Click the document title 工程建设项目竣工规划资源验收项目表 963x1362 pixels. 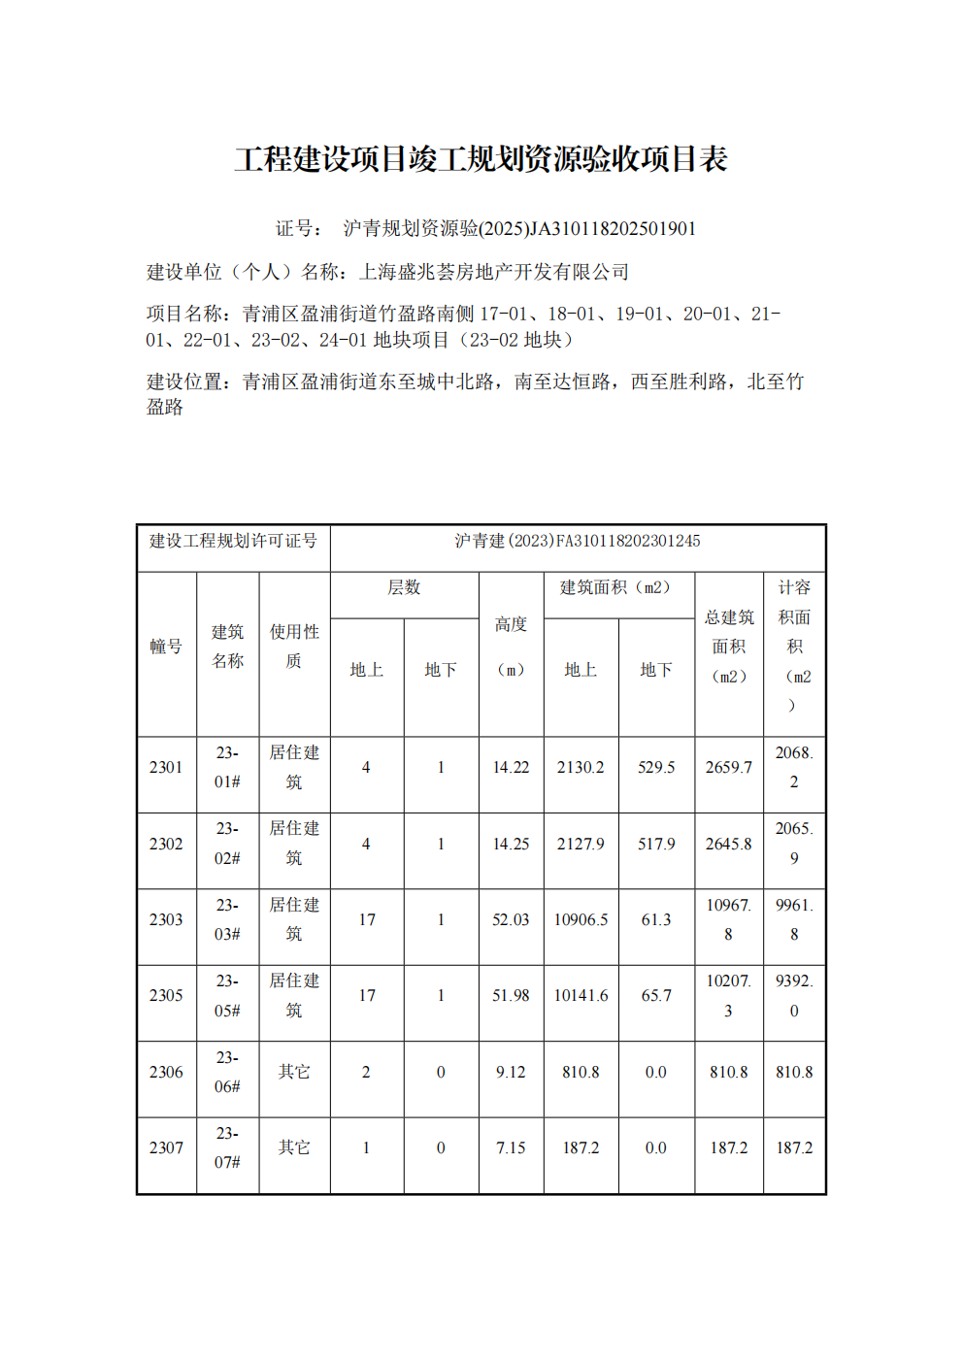[x=481, y=159]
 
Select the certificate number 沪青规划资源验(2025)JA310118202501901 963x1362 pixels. [x=519, y=228]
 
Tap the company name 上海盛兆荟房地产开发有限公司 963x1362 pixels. [x=494, y=272]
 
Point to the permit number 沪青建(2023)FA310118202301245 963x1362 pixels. [x=578, y=541]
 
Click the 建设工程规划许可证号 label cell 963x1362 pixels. [x=233, y=541]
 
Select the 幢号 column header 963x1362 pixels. [x=166, y=647]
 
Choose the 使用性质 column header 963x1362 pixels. [x=294, y=647]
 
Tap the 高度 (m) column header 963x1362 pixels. [x=511, y=647]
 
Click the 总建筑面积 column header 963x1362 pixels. [x=729, y=647]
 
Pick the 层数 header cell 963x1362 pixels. [x=404, y=587]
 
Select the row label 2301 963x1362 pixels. [x=166, y=767]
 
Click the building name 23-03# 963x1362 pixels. [x=227, y=919]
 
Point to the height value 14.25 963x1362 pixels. [x=511, y=844]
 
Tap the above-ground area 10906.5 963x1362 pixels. [x=581, y=919]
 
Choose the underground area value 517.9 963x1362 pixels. [x=656, y=844]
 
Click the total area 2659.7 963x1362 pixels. [x=729, y=767]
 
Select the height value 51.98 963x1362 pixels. [x=511, y=995]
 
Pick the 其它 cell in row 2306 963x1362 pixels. [x=294, y=1072]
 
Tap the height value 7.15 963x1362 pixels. [x=511, y=1147]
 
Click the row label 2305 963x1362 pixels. [x=166, y=995]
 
